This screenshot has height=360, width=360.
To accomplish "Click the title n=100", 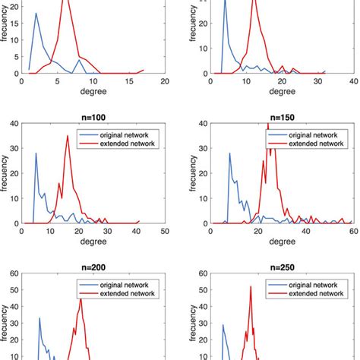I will (93, 119).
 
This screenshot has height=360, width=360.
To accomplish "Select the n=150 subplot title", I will (282, 119).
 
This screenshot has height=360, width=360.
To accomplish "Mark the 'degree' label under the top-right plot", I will (282, 92).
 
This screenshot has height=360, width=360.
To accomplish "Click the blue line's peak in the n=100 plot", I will (36, 154).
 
